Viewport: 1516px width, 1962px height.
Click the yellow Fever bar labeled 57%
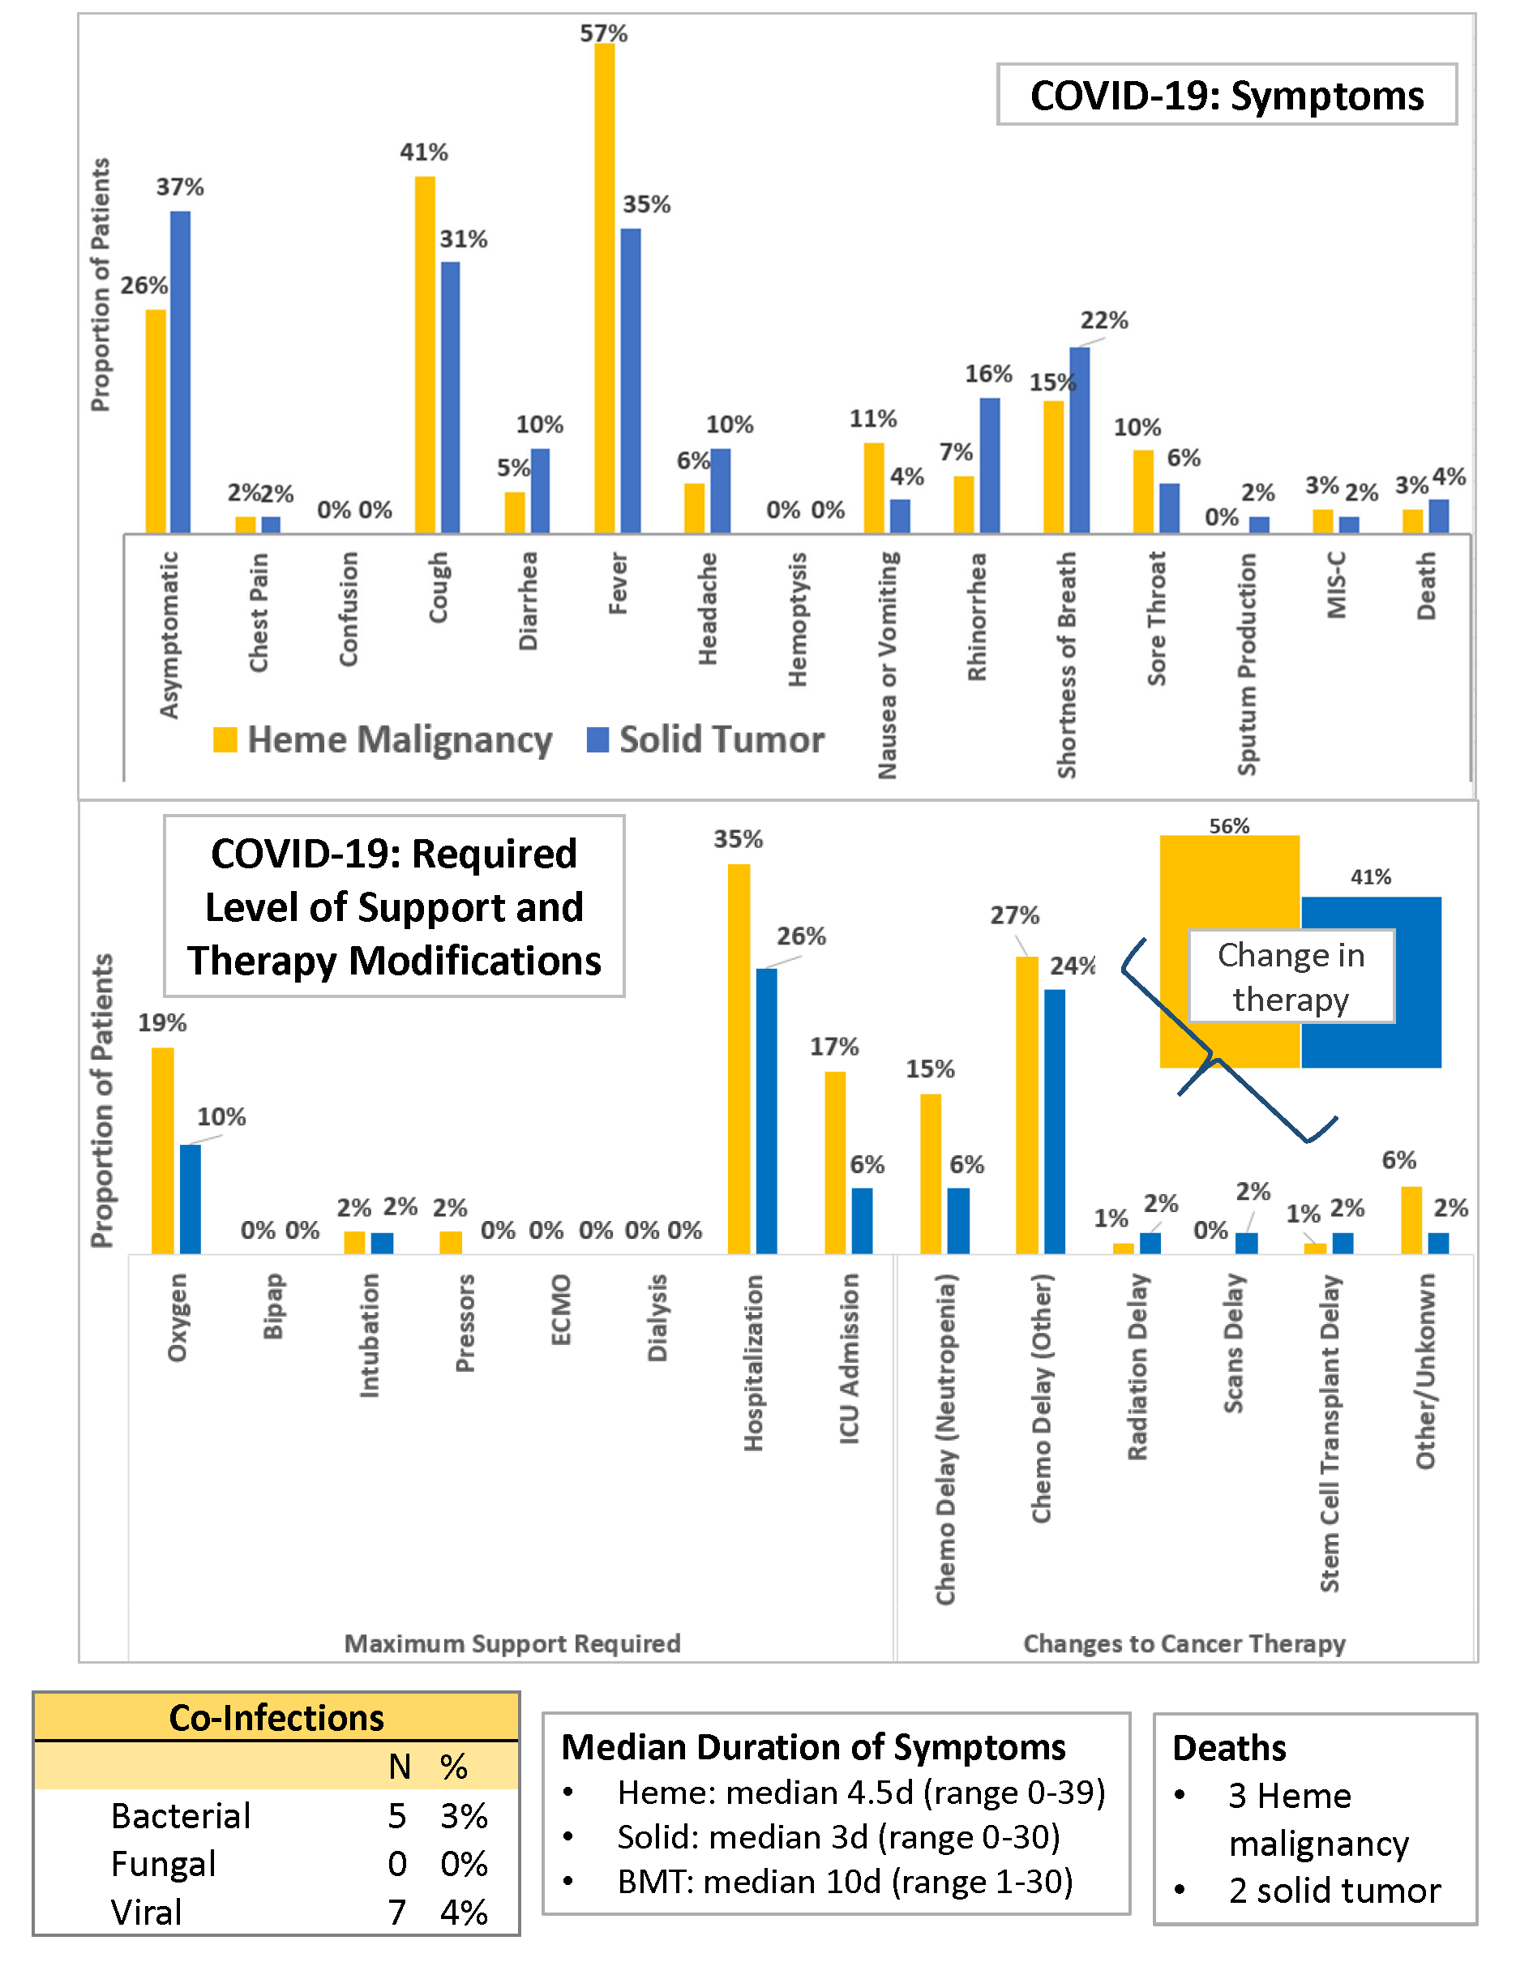[x=605, y=288]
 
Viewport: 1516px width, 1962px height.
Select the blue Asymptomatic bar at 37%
[x=181, y=372]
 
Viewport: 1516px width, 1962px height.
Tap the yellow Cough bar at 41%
[x=425, y=354]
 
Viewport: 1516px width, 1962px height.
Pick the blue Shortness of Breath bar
[x=1080, y=440]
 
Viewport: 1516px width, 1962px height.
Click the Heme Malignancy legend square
[x=225, y=739]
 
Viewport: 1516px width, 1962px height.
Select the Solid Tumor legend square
[x=597, y=739]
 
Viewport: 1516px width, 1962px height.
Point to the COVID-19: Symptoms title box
[x=1226, y=95]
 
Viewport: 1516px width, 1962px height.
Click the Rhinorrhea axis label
[x=977, y=617]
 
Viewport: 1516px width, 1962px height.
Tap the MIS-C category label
[x=1336, y=585]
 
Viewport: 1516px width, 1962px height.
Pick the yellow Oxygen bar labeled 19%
[x=163, y=1150]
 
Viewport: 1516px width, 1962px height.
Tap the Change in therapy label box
[x=1291, y=976]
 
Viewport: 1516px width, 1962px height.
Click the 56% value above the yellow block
[x=1228, y=825]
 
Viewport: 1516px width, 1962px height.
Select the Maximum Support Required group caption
[x=512, y=1643]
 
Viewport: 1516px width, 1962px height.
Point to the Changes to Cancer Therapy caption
[x=1184, y=1643]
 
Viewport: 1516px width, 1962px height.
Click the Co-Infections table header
[x=276, y=1718]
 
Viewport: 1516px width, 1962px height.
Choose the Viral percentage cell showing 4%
[x=464, y=1912]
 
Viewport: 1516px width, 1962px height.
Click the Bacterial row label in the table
[x=181, y=1815]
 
